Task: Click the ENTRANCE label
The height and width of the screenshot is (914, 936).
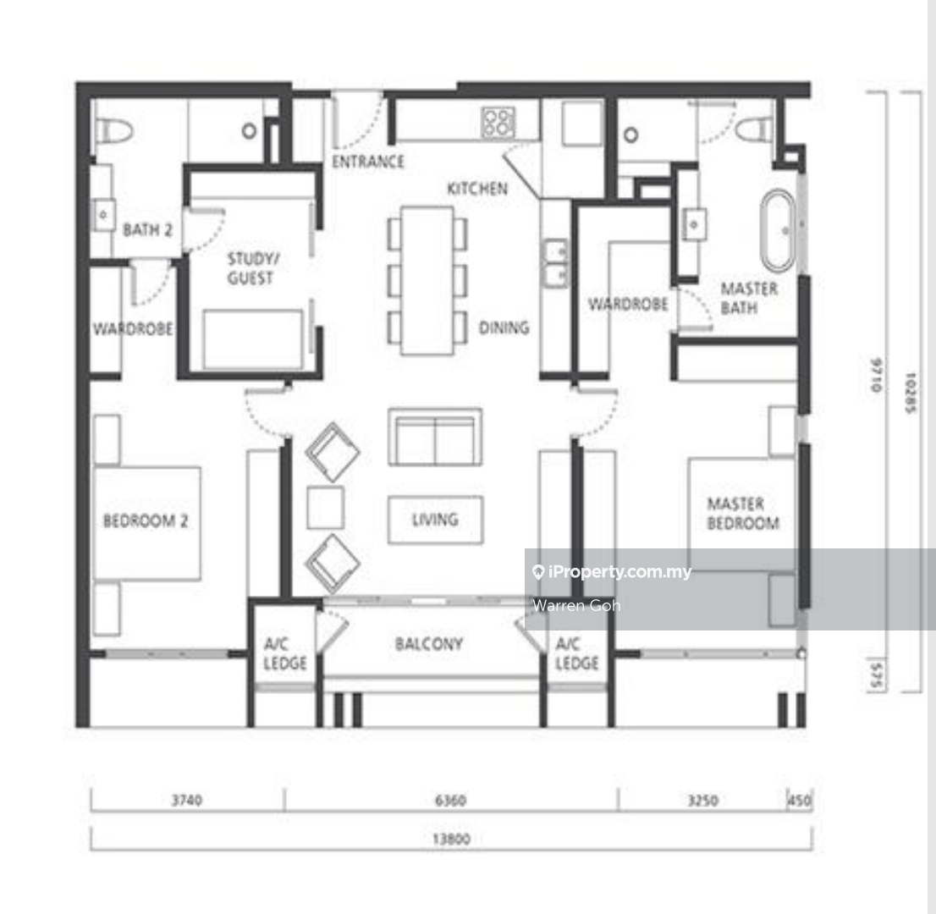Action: pos(367,162)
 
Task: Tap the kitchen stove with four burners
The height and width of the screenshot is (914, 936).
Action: pos(498,123)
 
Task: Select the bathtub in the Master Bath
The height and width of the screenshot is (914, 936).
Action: pos(778,230)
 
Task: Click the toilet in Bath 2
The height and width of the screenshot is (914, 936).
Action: pos(114,130)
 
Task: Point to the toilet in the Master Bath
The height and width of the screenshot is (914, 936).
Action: pos(754,129)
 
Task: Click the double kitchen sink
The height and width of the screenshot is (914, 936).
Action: pos(555,263)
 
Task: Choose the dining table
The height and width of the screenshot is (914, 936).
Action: pos(427,281)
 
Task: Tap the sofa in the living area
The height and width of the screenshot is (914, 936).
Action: pos(435,437)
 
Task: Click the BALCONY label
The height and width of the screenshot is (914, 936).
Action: pos(428,644)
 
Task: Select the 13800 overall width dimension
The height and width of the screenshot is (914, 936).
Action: pos(451,840)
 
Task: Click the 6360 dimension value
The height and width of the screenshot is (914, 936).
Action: pos(451,800)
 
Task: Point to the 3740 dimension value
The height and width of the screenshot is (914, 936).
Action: pos(187,800)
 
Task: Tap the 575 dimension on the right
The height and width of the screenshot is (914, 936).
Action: pos(876,675)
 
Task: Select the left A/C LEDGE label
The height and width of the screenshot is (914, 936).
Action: pos(284,653)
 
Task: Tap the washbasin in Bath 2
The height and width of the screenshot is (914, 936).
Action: pos(103,214)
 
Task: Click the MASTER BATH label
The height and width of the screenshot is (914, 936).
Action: pos(749,299)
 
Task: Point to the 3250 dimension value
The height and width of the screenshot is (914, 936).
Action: pos(702,800)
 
